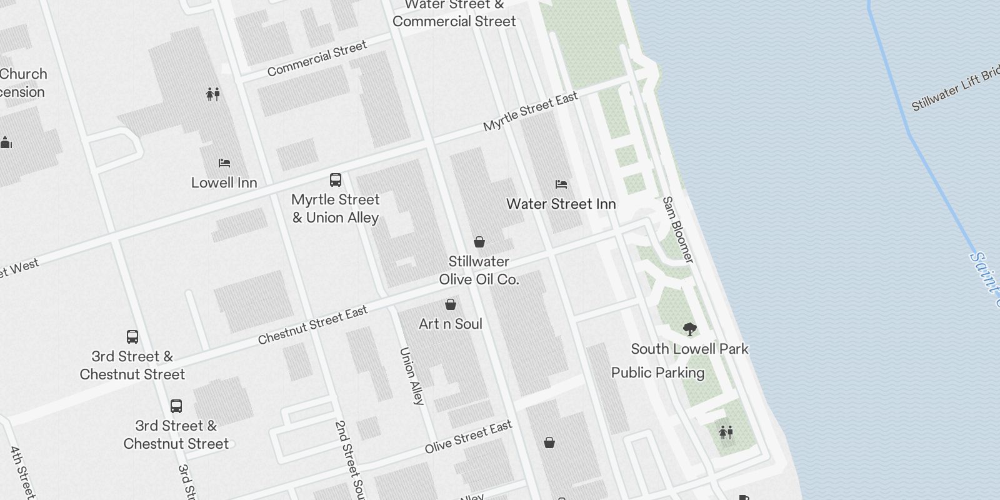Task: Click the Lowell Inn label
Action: pyautogui.click(x=224, y=182)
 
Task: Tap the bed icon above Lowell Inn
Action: pyautogui.click(x=224, y=163)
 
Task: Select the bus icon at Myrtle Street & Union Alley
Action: pyautogui.click(x=336, y=181)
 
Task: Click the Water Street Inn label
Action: pyautogui.click(x=561, y=204)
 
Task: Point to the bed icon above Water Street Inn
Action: pyautogui.click(x=561, y=184)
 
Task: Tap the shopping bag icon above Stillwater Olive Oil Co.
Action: pyautogui.click(x=479, y=242)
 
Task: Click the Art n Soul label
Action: pyautogui.click(x=450, y=324)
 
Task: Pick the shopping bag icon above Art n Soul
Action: pyautogui.click(x=451, y=304)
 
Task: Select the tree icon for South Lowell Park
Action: pyautogui.click(x=689, y=329)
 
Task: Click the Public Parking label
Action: pyautogui.click(x=657, y=372)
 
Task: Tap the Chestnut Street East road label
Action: pyautogui.click(x=313, y=326)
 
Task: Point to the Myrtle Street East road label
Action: pyautogui.click(x=531, y=111)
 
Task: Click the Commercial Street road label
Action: pyautogui.click(x=317, y=59)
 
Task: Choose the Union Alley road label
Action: pyautogui.click(x=412, y=376)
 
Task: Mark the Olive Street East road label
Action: pyautogui.click(x=468, y=437)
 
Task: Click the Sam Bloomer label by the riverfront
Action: pyautogui.click(x=678, y=229)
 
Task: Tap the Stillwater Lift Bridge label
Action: pyautogui.click(x=954, y=89)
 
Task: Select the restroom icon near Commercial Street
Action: pyautogui.click(x=213, y=94)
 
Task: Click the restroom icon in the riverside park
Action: pyautogui.click(x=726, y=432)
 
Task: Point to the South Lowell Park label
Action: pyautogui.click(x=689, y=349)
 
